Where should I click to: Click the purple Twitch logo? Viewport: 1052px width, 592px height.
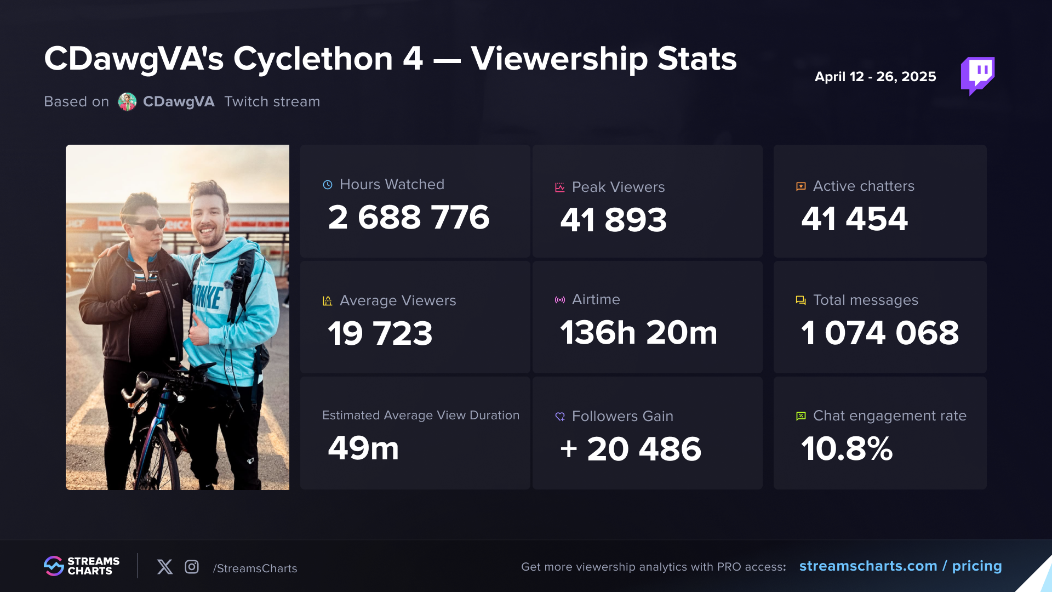tap(977, 75)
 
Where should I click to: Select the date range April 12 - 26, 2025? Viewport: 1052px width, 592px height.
tap(875, 77)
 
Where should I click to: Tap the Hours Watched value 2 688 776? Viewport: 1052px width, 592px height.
tap(408, 217)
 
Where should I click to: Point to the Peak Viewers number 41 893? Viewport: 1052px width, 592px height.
tap(613, 220)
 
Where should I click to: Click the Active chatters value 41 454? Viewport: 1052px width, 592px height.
tap(854, 219)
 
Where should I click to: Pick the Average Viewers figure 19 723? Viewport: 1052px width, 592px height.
tap(380, 333)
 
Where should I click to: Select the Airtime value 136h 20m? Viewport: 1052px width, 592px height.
tap(638, 332)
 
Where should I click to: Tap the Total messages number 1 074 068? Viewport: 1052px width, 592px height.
tap(879, 333)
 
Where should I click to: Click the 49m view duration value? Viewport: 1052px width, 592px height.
tap(363, 448)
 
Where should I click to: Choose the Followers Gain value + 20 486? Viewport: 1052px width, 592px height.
tap(630, 449)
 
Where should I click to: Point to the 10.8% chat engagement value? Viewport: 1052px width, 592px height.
tap(847, 448)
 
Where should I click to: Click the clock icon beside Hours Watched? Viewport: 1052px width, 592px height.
tap(328, 185)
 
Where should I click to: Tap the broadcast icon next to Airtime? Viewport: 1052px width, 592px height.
tap(560, 300)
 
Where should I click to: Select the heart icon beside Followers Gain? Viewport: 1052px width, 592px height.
tap(560, 417)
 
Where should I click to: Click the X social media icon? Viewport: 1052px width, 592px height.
tap(164, 567)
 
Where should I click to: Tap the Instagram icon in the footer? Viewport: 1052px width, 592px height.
tap(192, 567)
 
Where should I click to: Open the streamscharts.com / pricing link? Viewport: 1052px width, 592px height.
tap(900, 566)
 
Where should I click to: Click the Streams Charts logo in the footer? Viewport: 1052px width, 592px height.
tap(82, 566)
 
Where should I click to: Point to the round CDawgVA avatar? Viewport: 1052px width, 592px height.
tap(127, 102)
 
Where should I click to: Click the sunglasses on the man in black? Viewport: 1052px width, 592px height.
tap(147, 224)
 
